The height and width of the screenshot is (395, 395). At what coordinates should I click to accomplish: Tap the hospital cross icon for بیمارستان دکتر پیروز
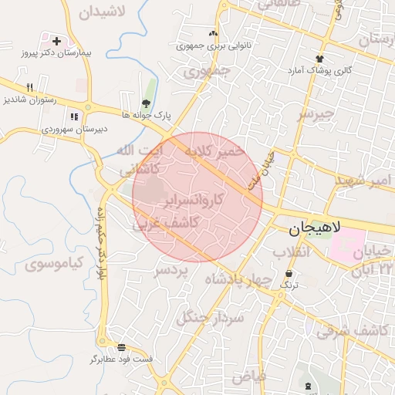pyautogui.click(x=56, y=40)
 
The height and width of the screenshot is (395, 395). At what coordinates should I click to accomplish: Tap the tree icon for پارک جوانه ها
pyautogui.click(x=146, y=103)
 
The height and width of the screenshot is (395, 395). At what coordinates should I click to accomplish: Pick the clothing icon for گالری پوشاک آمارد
pyautogui.click(x=319, y=58)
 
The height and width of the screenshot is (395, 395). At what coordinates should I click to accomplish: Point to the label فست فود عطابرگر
pyautogui.click(x=121, y=360)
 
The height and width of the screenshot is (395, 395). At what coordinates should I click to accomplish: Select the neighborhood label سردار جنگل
pyautogui.click(x=211, y=316)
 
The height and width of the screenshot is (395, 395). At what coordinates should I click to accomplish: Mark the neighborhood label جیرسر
pyautogui.click(x=317, y=115)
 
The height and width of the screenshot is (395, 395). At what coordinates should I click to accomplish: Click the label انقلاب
pyautogui.click(x=291, y=252)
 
